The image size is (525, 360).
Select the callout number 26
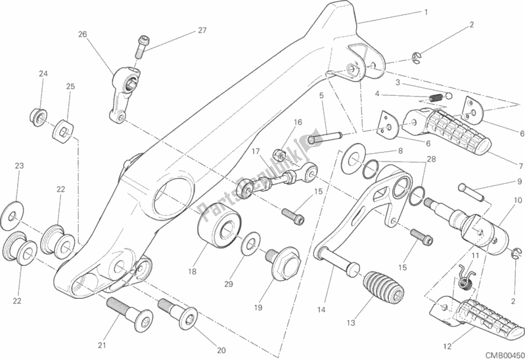[82, 34]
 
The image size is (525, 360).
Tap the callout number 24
[42, 74]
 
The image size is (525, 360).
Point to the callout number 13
[351, 323]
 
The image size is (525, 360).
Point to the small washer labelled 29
[250, 247]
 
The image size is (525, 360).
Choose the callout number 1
[426, 12]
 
